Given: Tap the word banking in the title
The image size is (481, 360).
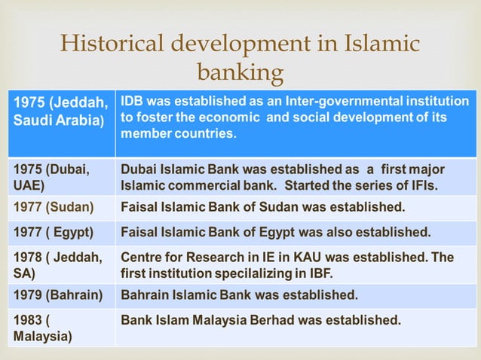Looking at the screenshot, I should tap(240, 72).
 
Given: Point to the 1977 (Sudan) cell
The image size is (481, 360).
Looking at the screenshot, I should tap(60, 206).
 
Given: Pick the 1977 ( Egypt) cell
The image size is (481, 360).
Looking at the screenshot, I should tap(60, 231).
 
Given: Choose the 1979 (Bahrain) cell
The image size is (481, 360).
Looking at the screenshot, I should tap(60, 292).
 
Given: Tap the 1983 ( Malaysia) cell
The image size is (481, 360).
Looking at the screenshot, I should tap(60, 328).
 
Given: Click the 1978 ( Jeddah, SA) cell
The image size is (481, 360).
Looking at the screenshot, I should tap(60, 264).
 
